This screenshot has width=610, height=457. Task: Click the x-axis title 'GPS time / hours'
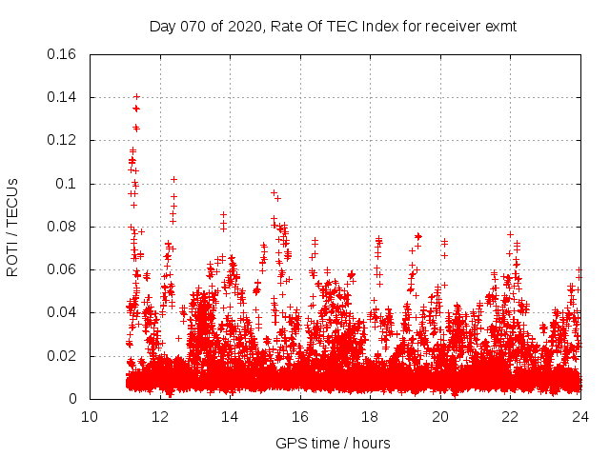pos(333,443)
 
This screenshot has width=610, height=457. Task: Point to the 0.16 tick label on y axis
pos(63,54)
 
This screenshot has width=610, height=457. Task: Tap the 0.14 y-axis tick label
pos(63,97)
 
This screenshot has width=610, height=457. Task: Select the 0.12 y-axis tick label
pos(63,141)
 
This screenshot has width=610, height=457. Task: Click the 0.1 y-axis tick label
pos(68,184)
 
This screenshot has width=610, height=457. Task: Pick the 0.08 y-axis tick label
pos(63,227)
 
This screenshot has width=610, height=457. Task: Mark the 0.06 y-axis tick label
pos(63,270)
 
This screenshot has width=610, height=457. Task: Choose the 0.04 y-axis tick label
pos(63,313)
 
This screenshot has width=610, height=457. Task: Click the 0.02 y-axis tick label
pos(63,356)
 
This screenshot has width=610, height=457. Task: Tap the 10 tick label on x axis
pos(90,417)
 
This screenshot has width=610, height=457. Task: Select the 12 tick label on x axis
pos(159,417)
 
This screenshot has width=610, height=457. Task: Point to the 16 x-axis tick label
pos(300,417)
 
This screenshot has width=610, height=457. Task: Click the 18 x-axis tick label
pos(370,417)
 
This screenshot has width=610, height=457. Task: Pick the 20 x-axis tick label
pos(440,417)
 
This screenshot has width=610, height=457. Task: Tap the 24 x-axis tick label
pos(580,417)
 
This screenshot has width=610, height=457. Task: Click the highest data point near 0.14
pos(136,96)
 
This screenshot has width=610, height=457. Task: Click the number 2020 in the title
pos(244,27)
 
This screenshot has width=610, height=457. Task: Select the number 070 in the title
pos(193,27)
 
